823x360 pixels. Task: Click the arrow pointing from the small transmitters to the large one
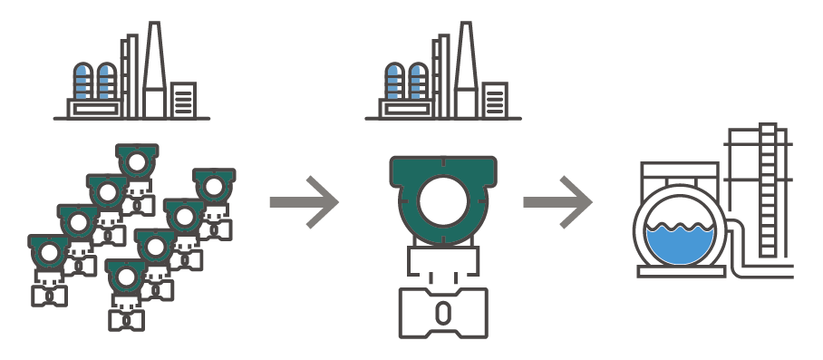305,202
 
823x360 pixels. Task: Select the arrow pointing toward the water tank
558,202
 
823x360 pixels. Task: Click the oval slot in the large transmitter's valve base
442,313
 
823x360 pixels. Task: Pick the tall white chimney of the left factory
154,73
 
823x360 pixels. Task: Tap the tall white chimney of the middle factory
466,73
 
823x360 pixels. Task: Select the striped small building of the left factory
183,99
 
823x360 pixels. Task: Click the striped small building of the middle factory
495,99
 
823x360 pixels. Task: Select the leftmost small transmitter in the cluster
50,252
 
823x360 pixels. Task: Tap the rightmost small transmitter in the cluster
214,187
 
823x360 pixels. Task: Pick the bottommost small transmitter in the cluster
126,277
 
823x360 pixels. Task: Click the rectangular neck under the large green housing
442,261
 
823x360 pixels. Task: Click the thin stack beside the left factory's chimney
132,77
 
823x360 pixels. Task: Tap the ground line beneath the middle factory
442,118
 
